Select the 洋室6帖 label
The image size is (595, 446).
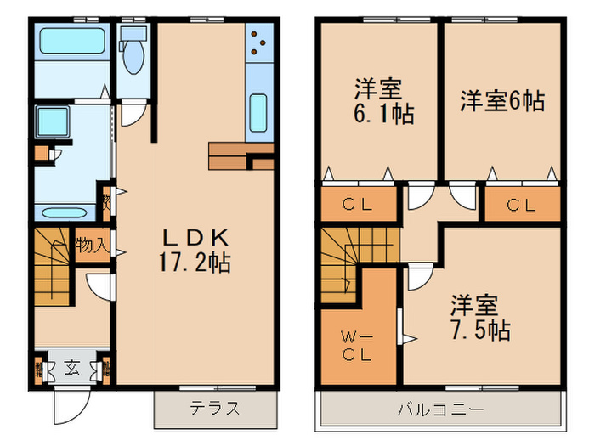pos(502,100)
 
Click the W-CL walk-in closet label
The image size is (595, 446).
pos(357,347)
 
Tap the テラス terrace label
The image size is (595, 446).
pos(217,408)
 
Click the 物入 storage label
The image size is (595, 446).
pos(91,246)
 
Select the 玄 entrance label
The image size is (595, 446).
pos(72,370)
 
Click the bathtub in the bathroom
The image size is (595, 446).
pos(71,41)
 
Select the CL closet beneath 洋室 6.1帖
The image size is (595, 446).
pos(360,204)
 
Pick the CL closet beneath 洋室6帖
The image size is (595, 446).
pos(522,204)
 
